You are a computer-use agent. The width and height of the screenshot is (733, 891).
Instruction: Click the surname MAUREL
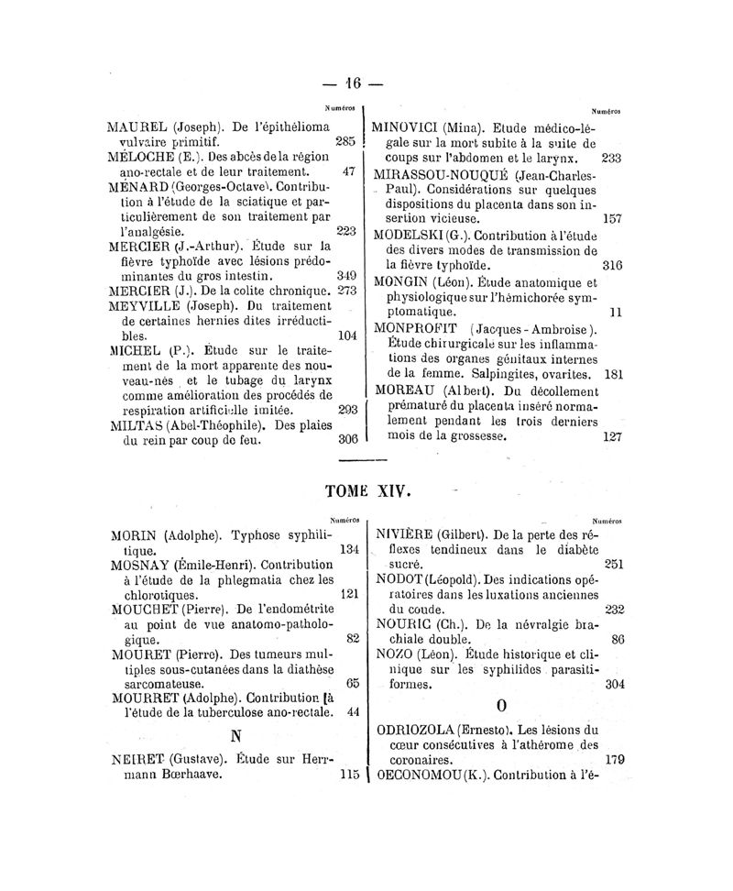tap(139, 126)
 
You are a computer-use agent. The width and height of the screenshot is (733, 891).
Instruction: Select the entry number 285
tap(345, 141)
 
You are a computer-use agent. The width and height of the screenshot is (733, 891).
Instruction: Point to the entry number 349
tap(345, 274)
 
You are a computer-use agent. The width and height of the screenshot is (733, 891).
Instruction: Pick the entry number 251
tap(613, 564)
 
